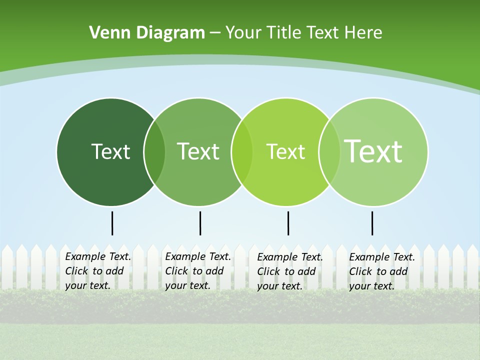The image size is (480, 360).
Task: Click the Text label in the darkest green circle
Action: pos(110,151)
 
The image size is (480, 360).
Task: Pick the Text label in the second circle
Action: pos(198,151)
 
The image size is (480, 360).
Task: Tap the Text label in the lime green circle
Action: pos(285,151)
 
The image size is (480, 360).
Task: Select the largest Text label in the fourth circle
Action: pos(373,151)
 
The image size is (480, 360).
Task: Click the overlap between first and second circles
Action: pos(154,152)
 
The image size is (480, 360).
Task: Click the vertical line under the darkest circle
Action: pos(112,223)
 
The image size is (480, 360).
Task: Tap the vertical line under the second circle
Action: pos(200,223)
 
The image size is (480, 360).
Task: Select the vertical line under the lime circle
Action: pos(288,223)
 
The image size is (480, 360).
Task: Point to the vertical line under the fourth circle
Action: pos(372,223)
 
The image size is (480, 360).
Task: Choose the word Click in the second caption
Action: pos(176,271)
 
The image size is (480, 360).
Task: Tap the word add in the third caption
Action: pos(306,271)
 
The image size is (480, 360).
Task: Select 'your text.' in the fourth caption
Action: pos(371,286)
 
